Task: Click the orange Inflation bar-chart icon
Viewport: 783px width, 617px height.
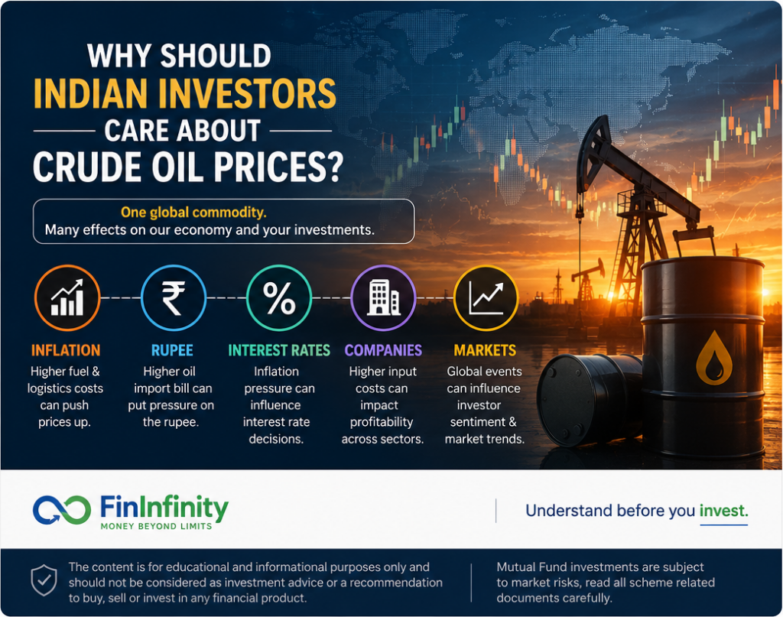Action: point(67,298)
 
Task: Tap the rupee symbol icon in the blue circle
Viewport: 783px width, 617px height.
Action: point(174,298)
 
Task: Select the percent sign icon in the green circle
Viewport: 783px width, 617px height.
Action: point(279,298)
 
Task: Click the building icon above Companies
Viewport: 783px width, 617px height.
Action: point(383,298)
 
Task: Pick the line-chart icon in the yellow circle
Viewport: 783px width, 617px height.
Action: point(486,298)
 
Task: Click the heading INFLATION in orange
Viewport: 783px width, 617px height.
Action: point(66,350)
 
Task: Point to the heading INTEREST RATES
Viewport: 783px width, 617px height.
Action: point(279,350)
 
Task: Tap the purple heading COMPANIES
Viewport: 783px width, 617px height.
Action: point(383,350)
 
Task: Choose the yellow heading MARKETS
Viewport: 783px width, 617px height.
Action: point(485,350)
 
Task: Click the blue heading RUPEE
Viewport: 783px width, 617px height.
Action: point(172,350)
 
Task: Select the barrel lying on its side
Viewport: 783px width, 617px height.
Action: point(590,399)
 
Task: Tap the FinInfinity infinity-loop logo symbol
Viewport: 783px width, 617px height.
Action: point(62,510)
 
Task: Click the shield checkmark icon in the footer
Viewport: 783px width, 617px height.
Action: point(44,580)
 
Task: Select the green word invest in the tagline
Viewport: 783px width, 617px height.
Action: point(723,511)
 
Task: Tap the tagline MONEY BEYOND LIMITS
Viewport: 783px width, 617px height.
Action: point(156,526)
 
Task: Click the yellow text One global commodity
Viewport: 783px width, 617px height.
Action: point(193,213)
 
